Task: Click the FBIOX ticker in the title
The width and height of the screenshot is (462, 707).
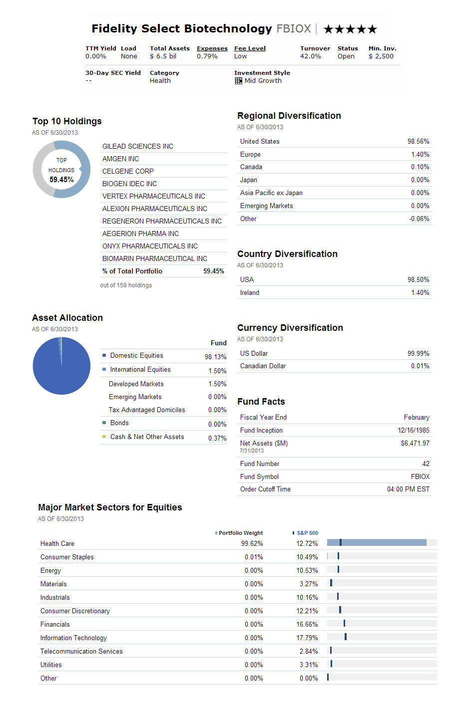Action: [294, 29]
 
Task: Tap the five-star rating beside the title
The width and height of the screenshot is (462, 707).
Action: [350, 29]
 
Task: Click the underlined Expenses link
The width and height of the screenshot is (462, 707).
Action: [212, 48]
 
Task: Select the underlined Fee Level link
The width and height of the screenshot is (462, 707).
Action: [250, 48]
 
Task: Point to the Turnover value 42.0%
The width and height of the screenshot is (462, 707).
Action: [310, 56]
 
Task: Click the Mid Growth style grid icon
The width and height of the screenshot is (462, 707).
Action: [239, 81]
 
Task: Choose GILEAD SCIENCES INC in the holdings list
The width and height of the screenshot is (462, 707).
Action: [138, 146]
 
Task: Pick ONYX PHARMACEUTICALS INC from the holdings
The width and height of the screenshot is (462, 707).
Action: [150, 246]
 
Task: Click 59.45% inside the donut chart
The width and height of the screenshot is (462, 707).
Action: [61, 180]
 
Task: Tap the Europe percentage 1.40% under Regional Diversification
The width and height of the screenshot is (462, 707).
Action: [420, 155]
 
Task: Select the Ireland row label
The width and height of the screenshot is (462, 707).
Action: [250, 293]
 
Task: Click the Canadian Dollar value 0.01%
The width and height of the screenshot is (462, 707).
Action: [420, 366]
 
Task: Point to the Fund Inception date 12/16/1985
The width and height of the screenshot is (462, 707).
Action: [414, 431]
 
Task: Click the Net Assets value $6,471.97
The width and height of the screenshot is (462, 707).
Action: [415, 444]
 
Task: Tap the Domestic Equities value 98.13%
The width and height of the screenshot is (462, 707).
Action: [215, 357]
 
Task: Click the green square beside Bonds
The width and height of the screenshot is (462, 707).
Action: [104, 423]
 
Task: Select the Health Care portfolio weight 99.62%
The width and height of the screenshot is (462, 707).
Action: [252, 544]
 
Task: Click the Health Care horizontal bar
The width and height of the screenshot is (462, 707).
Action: [377, 542]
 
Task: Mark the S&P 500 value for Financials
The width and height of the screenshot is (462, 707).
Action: [307, 625]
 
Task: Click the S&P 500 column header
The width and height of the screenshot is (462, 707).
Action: [307, 533]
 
